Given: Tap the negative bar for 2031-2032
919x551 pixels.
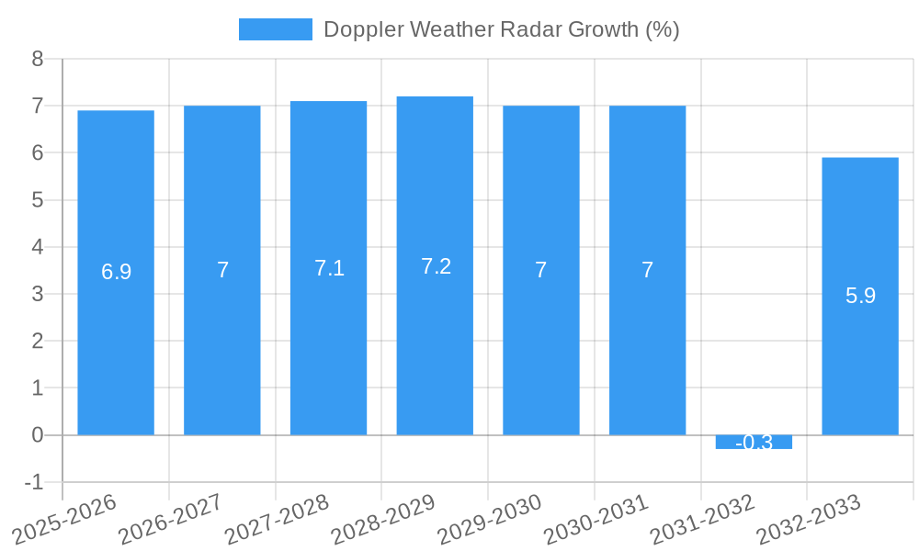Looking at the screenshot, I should point(754,442).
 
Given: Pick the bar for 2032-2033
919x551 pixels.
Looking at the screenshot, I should point(860,367).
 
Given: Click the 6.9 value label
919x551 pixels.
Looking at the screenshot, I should point(116,272).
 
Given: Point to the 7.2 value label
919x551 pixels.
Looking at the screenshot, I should point(436,266).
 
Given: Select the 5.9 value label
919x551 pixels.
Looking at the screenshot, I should point(860,296).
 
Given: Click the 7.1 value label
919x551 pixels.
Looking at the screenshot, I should point(329,268).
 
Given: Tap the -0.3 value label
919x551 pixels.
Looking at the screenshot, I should point(754,443).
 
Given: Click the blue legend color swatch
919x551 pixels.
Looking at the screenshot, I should point(275,29).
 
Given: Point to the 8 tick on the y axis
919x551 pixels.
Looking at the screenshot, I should point(38,59).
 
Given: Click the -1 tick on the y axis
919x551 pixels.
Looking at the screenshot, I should point(34,482).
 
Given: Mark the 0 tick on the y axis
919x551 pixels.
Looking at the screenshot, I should point(38,435).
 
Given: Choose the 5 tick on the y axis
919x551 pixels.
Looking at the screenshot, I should point(38,200).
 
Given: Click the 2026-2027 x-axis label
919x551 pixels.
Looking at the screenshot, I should point(170,518).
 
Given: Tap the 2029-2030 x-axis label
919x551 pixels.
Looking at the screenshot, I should point(489,518).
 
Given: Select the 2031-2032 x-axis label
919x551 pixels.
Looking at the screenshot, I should point(702,518).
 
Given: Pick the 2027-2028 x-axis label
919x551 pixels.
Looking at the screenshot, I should point(277,518).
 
